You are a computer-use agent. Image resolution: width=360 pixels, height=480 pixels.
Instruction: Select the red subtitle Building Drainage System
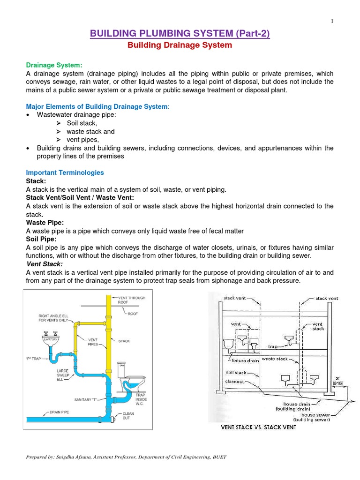pyautogui.click(x=180, y=45)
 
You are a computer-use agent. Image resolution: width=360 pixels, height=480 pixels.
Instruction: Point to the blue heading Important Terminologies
pyautogui.click(x=65, y=172)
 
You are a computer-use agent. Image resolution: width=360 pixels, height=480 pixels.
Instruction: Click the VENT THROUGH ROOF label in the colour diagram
pyautogui.click(x=132, y=300)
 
